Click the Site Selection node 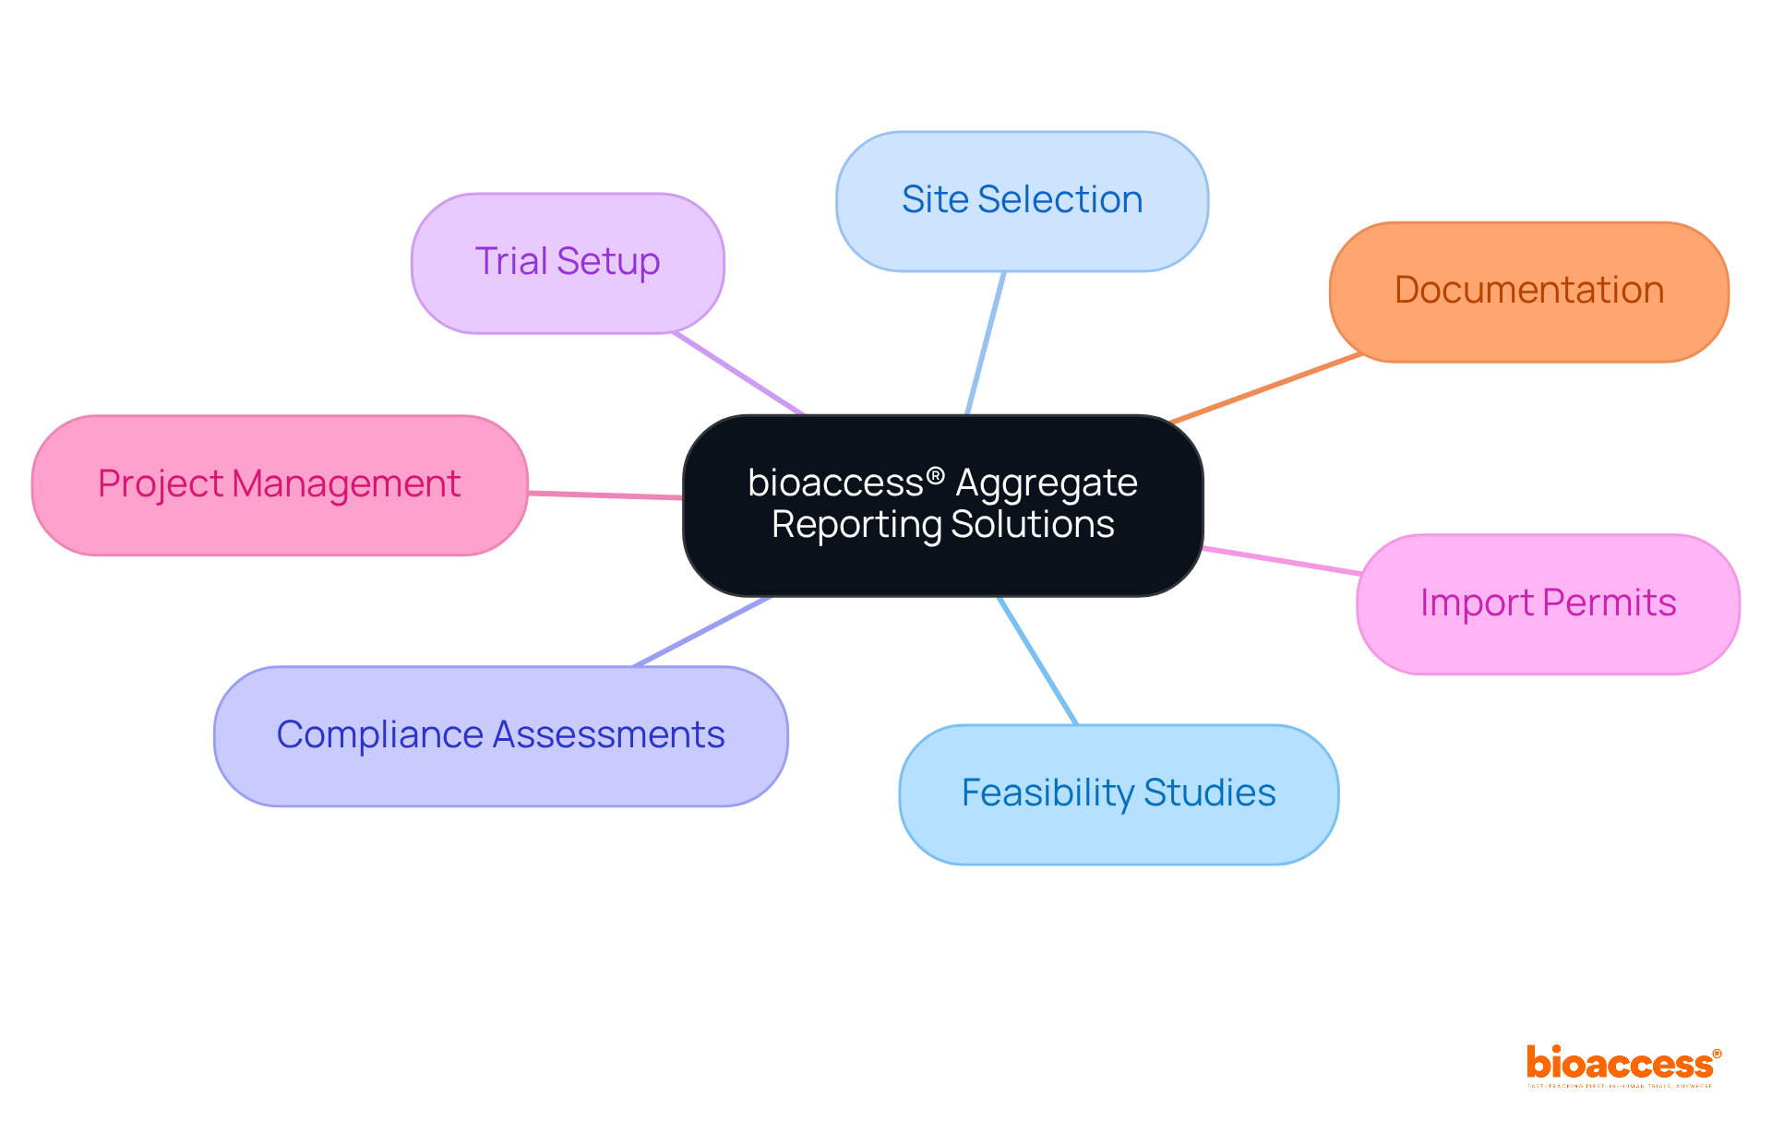click(1022, 200)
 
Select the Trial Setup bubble click(568, 262)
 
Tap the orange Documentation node click(1528, 291)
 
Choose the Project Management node click(279, 484)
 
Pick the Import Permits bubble click(1548, 603)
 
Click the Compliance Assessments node click(500, 735)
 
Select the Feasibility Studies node click(1119, 793)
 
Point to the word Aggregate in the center click(1046, 483)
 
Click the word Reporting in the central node click(856, 524)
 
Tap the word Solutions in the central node click(1032, 524)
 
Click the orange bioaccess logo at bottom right click(1622, 1065)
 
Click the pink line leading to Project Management click(605, 495)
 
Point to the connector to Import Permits click(1281, 561)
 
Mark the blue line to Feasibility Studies click(1038, 661)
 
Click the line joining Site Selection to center click(985, 343)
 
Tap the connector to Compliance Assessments click(701, 631)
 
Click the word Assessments click(608, 735)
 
